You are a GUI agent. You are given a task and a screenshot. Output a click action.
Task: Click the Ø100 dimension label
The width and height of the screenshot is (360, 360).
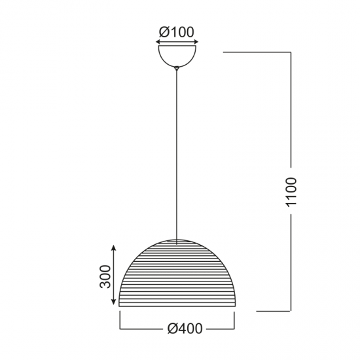click(x=177, y=31)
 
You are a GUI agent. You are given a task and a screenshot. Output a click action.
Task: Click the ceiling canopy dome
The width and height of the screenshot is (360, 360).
click(x=177, y=54)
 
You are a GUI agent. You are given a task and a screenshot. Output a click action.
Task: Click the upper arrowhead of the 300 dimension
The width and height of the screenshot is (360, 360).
click(x=114, y=247)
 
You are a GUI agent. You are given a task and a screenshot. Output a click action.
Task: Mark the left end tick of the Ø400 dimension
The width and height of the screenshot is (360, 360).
click(x=119, y=321)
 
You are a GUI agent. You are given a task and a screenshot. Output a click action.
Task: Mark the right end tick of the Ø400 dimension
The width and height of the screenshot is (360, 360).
click(x=234, y=321)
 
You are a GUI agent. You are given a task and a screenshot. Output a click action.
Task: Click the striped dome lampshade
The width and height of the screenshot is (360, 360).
click(x=177, y=275)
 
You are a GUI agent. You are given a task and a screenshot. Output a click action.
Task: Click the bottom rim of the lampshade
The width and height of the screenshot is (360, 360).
click(x=177, y=306)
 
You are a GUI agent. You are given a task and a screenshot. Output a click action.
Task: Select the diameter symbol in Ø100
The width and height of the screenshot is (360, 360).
click(x=163, y=31)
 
